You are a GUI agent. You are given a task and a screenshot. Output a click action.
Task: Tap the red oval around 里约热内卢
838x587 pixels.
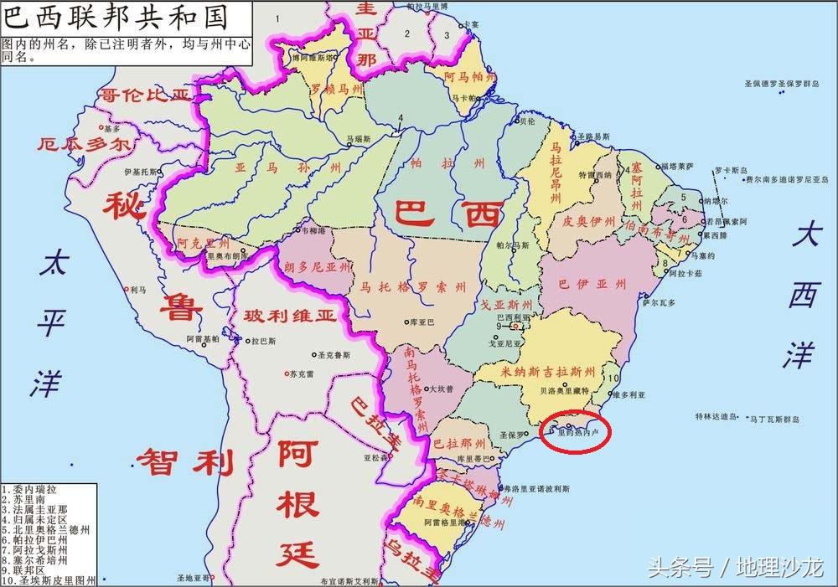(x=576, y=432)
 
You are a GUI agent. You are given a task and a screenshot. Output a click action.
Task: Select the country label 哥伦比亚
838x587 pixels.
(x=146, y=95)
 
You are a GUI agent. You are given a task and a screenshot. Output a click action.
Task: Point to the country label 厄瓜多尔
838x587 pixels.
(x=84, y=143)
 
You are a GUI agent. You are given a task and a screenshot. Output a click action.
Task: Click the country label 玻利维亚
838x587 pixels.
(x=289, y=317)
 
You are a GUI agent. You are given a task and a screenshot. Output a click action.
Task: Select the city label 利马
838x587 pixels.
(x=139, y=290)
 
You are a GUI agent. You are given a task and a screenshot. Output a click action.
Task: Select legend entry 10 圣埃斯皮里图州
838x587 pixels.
(x=49, y=579)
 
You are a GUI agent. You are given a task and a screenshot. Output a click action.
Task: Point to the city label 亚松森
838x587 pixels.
(x=375, y=458)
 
